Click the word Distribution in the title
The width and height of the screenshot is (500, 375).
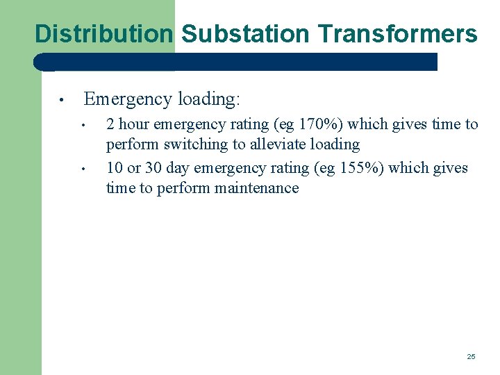103,33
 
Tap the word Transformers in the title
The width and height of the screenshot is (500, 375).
398,33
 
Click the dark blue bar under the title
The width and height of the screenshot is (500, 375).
236,62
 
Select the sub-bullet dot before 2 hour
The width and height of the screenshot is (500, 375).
82,126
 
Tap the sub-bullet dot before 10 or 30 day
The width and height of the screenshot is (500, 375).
82,169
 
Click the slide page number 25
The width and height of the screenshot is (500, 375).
471,356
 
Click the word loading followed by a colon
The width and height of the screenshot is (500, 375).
208,99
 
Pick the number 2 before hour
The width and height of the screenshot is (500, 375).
110,125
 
